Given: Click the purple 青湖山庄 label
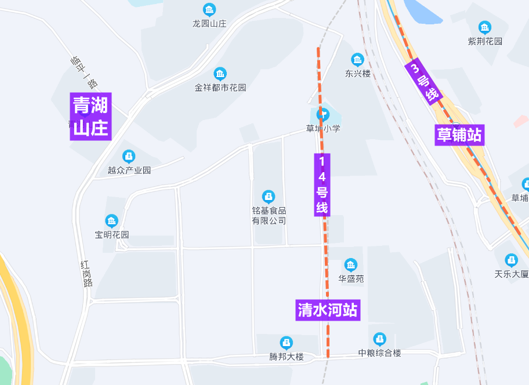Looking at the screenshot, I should (x=90, y=116).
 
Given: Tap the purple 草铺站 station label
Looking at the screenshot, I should (x=459, y=135).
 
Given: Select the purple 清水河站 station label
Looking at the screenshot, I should (x=327, y=310).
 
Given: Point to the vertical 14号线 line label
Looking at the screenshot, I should (x=322, y=184).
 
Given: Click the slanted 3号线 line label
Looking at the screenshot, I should (x=424, y=82).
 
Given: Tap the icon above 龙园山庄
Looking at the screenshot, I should (x=209, y=10).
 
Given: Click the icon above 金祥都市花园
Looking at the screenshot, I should (x=220, y=74).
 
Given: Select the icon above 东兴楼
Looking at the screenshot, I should (x=357, y=60).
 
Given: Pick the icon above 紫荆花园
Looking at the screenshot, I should (x=484, y=27).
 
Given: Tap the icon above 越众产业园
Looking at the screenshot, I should (x=129, y=157).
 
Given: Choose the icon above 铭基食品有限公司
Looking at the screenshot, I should (x=268, y=197).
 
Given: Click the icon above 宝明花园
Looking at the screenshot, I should (x=111, y=221).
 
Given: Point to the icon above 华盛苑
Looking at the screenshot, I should (x=351, y=265).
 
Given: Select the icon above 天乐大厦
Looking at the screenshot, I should (x=511, y=260).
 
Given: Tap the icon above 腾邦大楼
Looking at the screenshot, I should (x=286, y=343).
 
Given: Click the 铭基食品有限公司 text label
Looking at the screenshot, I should (x=269, y=216).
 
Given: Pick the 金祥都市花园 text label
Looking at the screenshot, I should (x=220, y=88).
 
